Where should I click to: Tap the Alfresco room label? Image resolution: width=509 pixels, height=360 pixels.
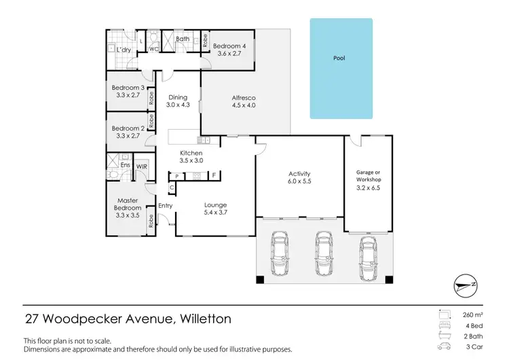click(x=244, y=101)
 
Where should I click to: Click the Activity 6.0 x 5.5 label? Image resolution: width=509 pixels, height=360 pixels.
click(x=299, y=178)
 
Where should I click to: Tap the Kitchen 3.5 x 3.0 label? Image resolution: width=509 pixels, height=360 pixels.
click(x=191, y=158)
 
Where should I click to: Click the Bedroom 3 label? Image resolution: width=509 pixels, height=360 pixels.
click(x=128, y=92)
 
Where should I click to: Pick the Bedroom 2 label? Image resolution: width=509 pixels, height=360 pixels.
click(x=128, y=132)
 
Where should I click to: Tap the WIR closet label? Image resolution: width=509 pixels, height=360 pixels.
click(x=142, y=166)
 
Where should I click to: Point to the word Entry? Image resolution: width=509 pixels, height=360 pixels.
click(x=165, y=206)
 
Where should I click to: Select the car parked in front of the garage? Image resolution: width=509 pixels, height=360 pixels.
click(x=368, y=259)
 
